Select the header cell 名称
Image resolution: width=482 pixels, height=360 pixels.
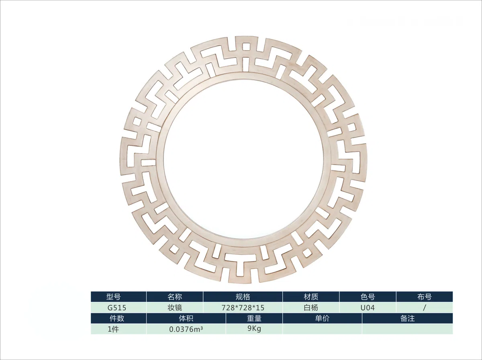click(175, 297)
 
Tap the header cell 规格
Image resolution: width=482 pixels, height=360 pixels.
click(243, 297)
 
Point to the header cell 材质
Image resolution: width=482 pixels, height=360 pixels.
click(311, 297)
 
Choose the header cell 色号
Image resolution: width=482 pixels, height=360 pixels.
click(368, 297)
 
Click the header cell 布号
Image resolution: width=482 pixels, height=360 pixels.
click(425, 297)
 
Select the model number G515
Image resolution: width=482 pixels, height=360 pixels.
click(117, 308)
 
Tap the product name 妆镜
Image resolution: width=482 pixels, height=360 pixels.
click(175, 307)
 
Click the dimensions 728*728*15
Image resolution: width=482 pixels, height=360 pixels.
click(243, 308)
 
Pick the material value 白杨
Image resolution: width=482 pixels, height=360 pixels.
click(311, 307)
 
